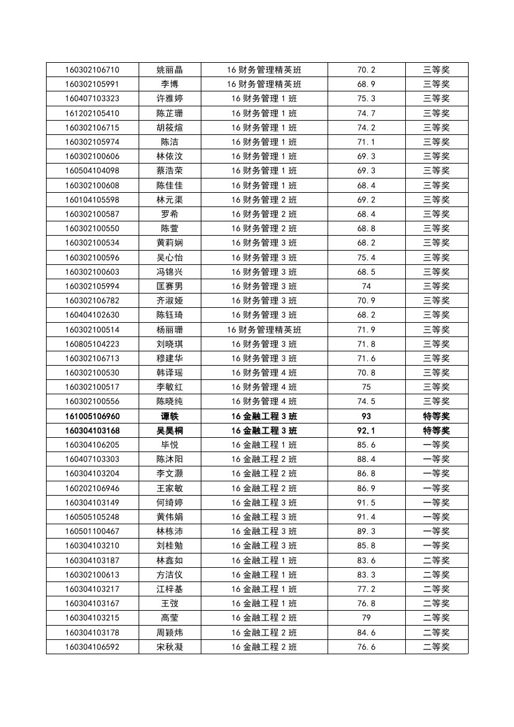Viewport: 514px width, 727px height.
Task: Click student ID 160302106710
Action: click(x=92, y=70)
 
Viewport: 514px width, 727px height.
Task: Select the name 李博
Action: click(x=170, y=84)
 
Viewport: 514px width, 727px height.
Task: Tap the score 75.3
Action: click(x=366, y=98)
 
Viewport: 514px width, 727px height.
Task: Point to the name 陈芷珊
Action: click(x=170, y=113)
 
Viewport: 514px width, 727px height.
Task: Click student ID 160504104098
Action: click(x=92, y=170)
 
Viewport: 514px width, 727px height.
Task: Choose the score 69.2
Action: click(x=366, y=200)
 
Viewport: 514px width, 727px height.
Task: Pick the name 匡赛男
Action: click(x=170, y=286)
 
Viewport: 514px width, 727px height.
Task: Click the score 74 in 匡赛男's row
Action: click(x=366, y=286)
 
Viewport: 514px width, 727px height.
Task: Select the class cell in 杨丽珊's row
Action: click(x=264, y=330)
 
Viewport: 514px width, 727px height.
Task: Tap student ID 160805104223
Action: click(x=92, y=344)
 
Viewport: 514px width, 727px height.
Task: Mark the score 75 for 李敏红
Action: click(x=366, y=387)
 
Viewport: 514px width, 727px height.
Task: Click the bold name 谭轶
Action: click(x=170, y=416)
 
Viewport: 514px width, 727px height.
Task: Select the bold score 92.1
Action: click(x=366, y=430)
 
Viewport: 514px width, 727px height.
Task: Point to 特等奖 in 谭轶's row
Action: click(x=436, y=416)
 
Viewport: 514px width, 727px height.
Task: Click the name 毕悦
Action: click(x=170, y=445)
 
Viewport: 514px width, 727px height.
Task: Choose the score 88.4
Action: click(x=366, y=459)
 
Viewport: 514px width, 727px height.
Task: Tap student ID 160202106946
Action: click(x=92, y=488)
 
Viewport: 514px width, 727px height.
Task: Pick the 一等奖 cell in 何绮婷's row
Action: click(x=436, y=502)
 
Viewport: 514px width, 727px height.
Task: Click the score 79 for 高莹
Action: click(x=366, y=618)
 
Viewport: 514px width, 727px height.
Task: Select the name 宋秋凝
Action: click(x=170, y=647)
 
